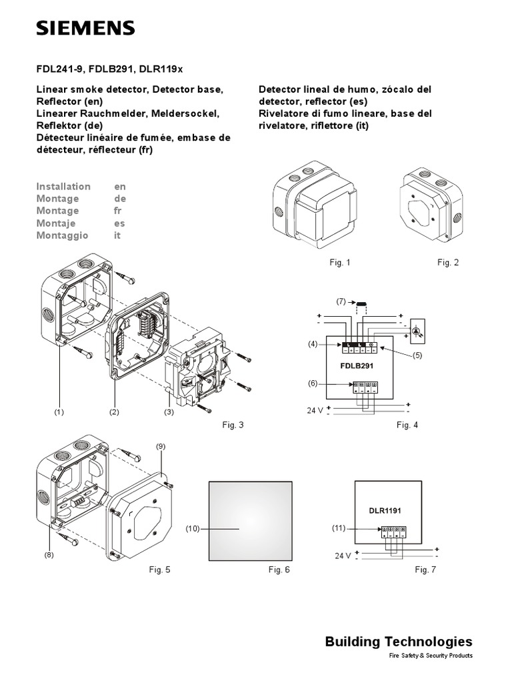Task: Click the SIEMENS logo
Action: coord(85,28)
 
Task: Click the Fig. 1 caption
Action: coord(340,263)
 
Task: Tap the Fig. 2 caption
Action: coord(448,263)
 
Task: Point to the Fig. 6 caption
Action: coord(279,569)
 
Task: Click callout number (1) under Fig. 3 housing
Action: coord(59,412)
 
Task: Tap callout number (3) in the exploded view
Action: coord(169,412)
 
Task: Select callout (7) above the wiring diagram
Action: coord(341,302)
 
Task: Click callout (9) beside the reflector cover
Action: coord(161,446)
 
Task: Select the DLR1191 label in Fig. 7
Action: coord(385,510)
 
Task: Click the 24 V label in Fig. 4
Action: coord(315,411)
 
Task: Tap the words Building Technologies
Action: coord(399,642)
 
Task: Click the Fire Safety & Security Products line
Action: coord(431,656)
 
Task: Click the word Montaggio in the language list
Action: coord(62,235)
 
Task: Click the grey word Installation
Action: coord(63,186)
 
